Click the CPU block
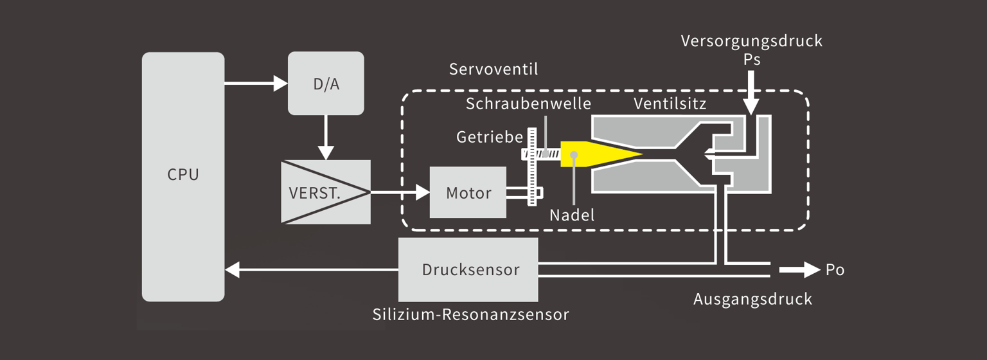[x=183, y=177]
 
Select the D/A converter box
[x=326, y=84]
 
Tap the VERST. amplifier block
[x=326, y=192]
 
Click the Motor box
[x=468, y=192]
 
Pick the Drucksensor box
[x=468, y=269]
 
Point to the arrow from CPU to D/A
[x=256, y=83]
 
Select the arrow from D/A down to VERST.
[x=326, y=138]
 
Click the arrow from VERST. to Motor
[x=400, y=192]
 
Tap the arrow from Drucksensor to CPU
[x=312, y=269]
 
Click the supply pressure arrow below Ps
[x=751, y=93]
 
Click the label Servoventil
[x=493, y=69]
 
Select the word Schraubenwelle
[x=528, y=104]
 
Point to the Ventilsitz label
[x=670, y=104]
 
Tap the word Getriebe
[x=490, y=137]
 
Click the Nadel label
[x=572, y=215]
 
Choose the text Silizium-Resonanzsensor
[x=470, y=314]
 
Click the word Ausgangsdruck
[x=752, y=299]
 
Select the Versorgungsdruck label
[x=751, y=41]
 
